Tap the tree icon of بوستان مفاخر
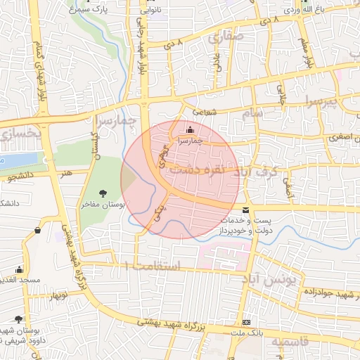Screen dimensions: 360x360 (x=104, y=193)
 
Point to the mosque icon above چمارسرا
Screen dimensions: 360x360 (x=189, y=130)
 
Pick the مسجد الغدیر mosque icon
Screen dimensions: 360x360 (x=19, y=269)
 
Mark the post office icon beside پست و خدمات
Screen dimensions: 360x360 (x=245, y=210)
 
